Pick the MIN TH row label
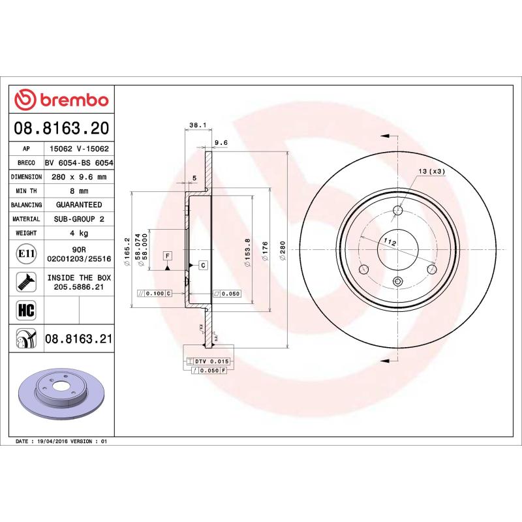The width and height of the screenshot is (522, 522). click(27, 191)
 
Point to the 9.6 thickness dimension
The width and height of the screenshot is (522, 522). click(221, 143)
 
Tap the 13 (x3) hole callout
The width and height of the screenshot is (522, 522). click(431, 171)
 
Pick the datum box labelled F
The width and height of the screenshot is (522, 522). click(168, 254)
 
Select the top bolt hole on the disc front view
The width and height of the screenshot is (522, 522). click(398, 210)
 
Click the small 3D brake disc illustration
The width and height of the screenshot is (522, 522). click(62, 392)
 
